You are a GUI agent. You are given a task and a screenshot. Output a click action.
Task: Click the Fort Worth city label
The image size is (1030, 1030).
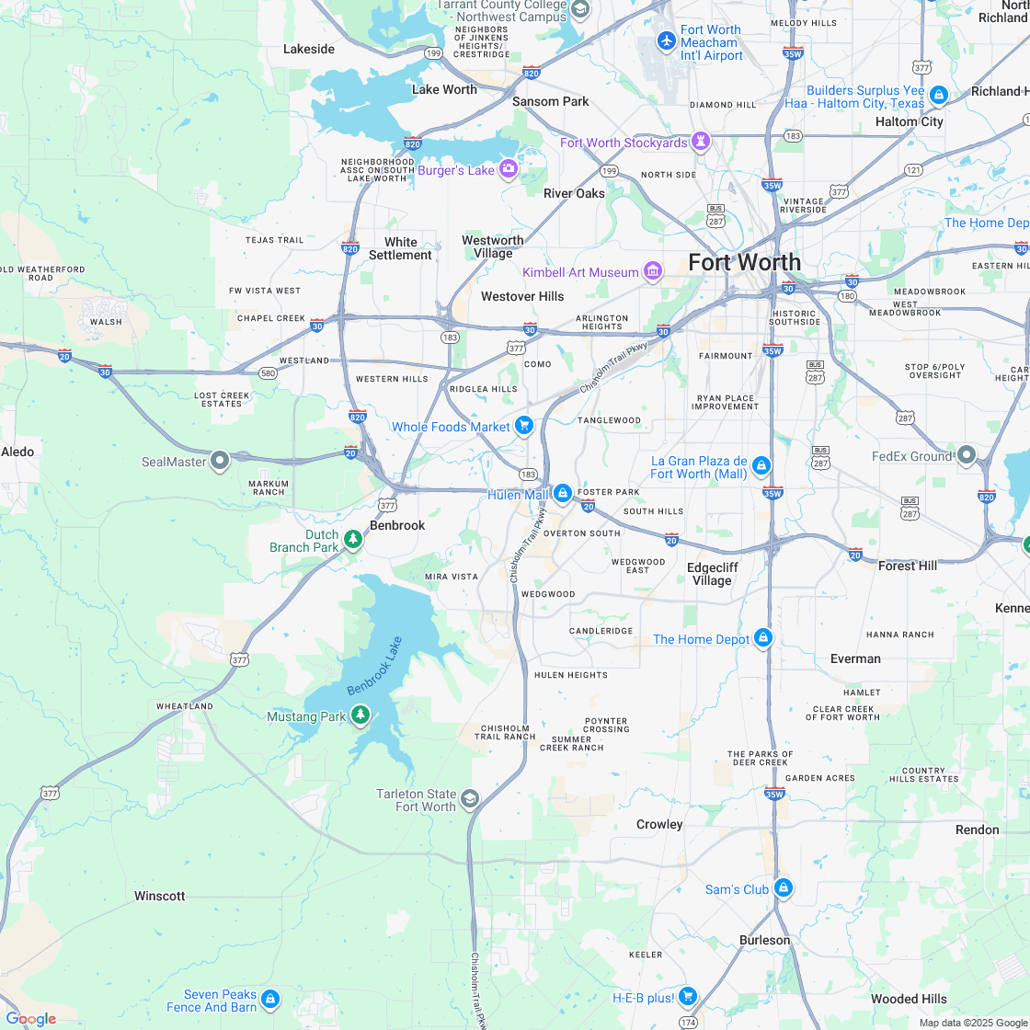click(x=744, y=262)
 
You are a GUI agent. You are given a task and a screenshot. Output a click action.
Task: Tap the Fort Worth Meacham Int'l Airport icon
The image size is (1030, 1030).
click(x=667, y=41)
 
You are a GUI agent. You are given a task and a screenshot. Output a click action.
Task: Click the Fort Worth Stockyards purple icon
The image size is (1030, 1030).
click(x=702, y=142)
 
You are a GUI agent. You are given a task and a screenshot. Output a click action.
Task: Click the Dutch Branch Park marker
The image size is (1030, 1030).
click(x=353, y=539)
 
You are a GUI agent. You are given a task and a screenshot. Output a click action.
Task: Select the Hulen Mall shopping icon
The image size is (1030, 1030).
click(x=563, y=494)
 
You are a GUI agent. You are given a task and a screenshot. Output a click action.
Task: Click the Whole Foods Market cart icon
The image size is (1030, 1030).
click(x=524, y=425)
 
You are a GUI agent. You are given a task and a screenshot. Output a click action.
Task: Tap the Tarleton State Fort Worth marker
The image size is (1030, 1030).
click(x=470, y=798)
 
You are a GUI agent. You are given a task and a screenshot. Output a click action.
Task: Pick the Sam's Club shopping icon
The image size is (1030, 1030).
click(x=783, y=888)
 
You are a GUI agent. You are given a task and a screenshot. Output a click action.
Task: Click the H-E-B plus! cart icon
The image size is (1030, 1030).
click(x=688, y=996)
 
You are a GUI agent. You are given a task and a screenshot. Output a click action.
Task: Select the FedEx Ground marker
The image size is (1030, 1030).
click(x=966, y=454)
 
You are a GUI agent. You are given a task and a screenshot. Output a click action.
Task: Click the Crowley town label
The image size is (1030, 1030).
click(x=659, y=824)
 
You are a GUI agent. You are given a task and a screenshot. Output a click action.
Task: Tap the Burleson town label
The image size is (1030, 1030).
click(x=764, y=940)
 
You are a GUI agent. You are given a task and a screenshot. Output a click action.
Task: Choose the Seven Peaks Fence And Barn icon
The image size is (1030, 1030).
click(x=269, y=999)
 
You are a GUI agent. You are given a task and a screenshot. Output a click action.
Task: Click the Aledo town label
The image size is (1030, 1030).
click(x=17, y=452)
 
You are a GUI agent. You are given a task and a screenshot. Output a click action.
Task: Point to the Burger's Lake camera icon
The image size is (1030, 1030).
click(x=509, y=169)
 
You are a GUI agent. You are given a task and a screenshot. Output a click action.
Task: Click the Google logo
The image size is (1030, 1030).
click(x=30, y=1019)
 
